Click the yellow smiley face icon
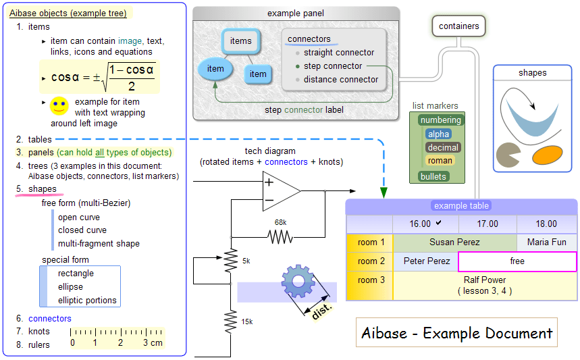(x=59, y=105)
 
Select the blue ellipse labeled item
(x=215, y=68)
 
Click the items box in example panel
(x=240, y=41)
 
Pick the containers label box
(x=458, y=26)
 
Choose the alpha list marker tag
(x=438, y=134)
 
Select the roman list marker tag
(x=440, y=161)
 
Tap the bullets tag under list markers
(x=433, y=176)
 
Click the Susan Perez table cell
(x=454, y=242)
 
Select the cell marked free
(x=517, y=261)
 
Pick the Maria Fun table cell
(x=546, y=242)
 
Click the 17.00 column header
(x=487, y=224)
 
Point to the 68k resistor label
(x=280, y=222)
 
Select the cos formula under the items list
(x=103, y=77)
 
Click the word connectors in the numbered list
(x=49, y=318)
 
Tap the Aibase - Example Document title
(x=456, y=333)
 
